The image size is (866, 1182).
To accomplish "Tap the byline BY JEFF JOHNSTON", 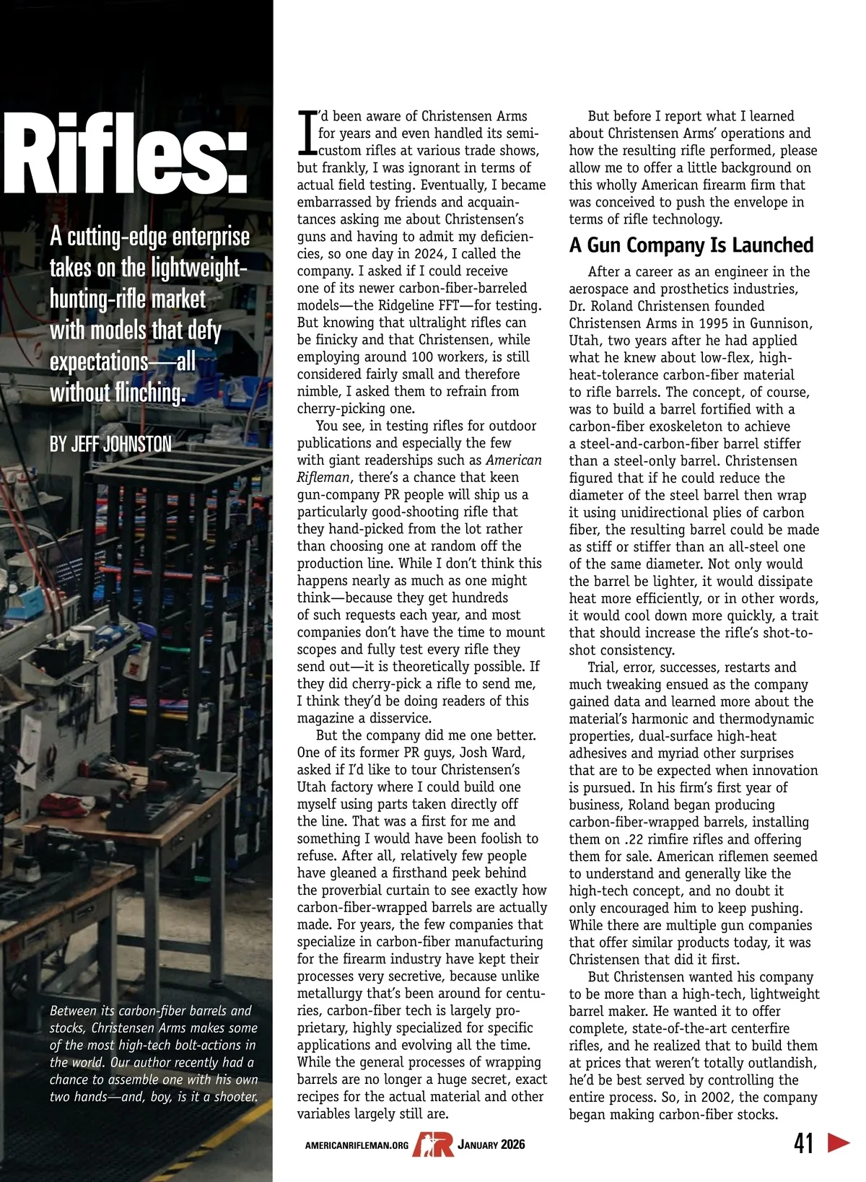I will [x=110, y=444].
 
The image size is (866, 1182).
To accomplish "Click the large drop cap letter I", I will [x=307, y=133].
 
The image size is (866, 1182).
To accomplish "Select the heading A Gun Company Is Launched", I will [x=691, y=245].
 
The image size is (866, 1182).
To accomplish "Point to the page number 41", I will [x=803, y=1143].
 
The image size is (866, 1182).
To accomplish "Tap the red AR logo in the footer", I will [x=433, y=1144].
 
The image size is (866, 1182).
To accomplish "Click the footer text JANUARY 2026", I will [x=491, y=1144].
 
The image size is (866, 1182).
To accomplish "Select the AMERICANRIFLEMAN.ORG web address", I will [x=357, y=1145].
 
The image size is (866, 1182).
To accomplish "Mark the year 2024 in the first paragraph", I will [x=430, y=254].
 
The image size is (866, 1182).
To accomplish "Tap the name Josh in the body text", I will [x=473, y=753].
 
